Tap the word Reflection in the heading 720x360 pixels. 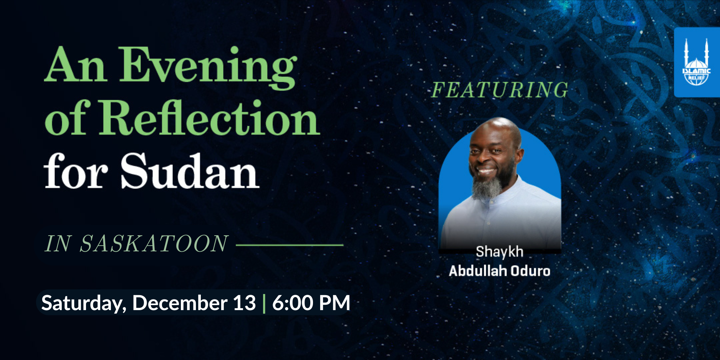209,117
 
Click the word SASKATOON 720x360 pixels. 154,244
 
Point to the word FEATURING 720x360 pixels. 500,90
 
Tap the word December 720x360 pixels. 180,303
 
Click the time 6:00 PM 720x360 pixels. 311,303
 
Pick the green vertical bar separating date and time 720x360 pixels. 264,303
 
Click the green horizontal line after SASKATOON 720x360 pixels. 290,245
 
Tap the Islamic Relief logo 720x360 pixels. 697,62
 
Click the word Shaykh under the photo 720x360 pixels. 500,252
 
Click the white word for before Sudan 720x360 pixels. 76,171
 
